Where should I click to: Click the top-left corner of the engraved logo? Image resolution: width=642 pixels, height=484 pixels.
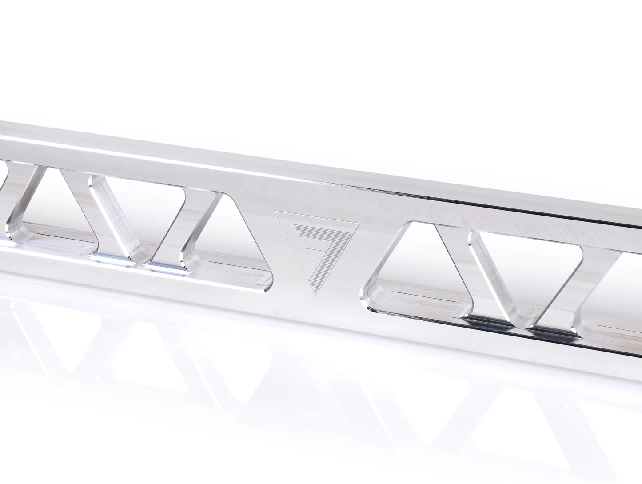coord(274,212)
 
